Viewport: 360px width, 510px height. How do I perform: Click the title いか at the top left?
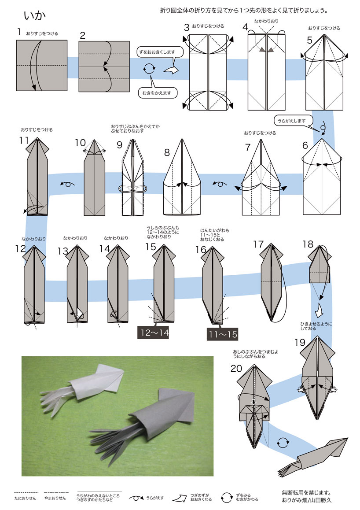click(x=34, y=15)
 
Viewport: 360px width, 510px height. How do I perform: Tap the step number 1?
click(x=19, y=32)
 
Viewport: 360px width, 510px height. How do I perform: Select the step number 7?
click(x=248, y=148)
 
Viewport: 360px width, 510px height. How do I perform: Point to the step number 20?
click(x=236, y=369)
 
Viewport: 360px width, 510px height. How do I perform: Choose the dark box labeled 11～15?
click(x=223, y=334)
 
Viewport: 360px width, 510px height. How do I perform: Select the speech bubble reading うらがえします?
click(x=292, y=121)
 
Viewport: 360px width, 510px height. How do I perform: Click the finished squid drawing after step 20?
click(x=313, y=457)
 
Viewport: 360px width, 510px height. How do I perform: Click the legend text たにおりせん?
click(x=26, y=498)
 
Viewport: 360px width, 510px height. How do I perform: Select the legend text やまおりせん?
click(x=55, y=498)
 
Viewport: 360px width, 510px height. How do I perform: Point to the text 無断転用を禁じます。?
click(x=306, y=493)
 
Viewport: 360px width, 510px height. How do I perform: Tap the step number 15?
click(x=151, y=247)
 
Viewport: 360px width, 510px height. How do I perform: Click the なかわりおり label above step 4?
click(x=266, y=21)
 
